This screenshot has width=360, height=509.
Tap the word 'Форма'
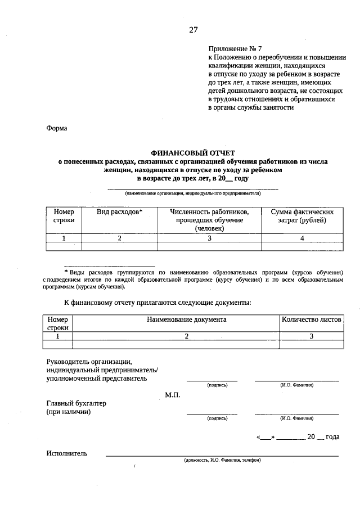coord(56,128)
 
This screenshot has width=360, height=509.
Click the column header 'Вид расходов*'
coord(119,212)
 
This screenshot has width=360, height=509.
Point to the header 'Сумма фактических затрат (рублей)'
coord(302,216)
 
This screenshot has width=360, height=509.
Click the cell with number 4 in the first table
coord(302,238)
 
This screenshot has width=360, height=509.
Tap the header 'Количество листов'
coord(311,319)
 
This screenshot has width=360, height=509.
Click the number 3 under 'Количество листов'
coord(311,336)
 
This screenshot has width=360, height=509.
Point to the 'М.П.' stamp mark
coord(172,395)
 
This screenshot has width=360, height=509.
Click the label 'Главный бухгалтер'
coord(76,403)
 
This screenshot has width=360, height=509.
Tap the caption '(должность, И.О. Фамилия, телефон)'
coord(222,460)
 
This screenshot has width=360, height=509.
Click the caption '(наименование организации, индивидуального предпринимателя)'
coord(193,193)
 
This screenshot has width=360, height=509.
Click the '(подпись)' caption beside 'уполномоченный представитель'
coord(217,385)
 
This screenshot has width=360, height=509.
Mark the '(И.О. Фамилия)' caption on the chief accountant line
coord(296,418)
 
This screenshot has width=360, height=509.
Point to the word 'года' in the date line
coord(332,436)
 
